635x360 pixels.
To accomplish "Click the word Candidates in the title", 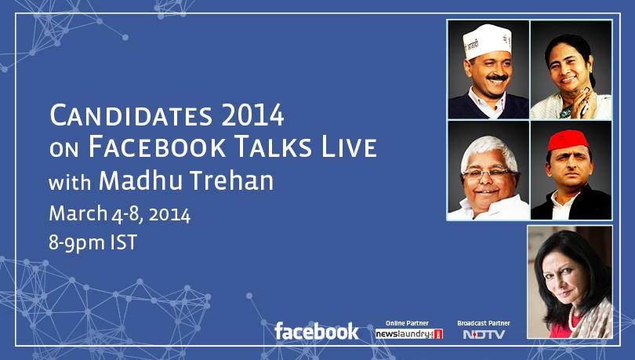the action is coord(131,115).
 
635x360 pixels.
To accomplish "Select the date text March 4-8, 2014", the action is coord(119,214).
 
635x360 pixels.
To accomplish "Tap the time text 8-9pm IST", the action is coord(93,243).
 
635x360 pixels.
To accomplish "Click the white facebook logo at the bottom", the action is coord(316,331).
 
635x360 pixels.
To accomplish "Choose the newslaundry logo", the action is coord(409,334).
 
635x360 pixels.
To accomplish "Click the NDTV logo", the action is coord(484,334).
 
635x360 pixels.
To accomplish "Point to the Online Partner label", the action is coord(407,323).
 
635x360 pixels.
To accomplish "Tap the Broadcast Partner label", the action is coord(484,323).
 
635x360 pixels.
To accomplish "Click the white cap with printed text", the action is coord(487,41).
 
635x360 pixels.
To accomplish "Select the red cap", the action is coord(568,140).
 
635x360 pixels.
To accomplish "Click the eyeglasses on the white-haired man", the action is coord(490,173).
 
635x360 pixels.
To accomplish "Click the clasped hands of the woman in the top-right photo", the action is coord(585,104).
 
